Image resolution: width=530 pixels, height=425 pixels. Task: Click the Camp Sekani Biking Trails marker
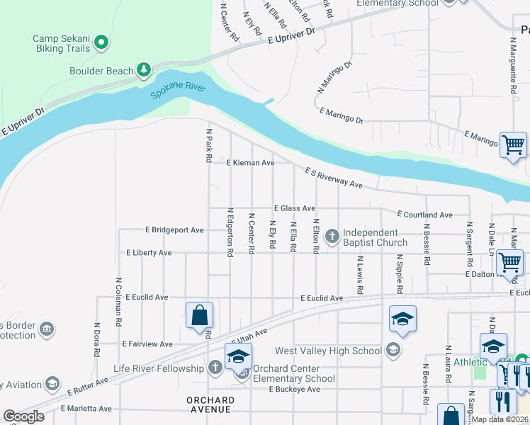click(x=101, y=42)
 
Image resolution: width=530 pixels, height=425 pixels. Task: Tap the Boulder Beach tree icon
click(x=144, y=69)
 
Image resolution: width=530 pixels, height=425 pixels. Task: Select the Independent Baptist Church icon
click(x=332, y=235)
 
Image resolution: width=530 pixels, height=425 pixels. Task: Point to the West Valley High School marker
click(x=392, y=350)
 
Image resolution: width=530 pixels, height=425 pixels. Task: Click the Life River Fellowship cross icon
click(x=216, y=368)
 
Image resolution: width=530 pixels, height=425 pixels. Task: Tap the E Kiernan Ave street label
click(x=250, y=163)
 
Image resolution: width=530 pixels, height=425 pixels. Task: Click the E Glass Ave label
click(x=295, y=208)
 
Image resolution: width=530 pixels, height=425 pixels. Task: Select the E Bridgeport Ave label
click(x=174, y=230)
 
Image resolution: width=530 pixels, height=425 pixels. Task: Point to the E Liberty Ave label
click(x=149, y=253)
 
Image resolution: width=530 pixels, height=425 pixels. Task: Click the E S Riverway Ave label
click(x=334, y=178)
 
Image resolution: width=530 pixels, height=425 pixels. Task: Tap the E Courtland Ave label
click(x=424, y=214)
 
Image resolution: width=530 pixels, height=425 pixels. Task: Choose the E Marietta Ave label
click(x=86, y=409)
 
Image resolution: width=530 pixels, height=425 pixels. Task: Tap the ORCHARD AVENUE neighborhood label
click(x=210, y=404)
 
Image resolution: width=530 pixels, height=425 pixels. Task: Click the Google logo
click(x=23, y=416)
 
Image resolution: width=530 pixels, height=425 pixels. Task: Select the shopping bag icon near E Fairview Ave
click(x=200, y=314)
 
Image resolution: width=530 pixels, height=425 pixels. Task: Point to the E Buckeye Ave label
click(x=294, y=390)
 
